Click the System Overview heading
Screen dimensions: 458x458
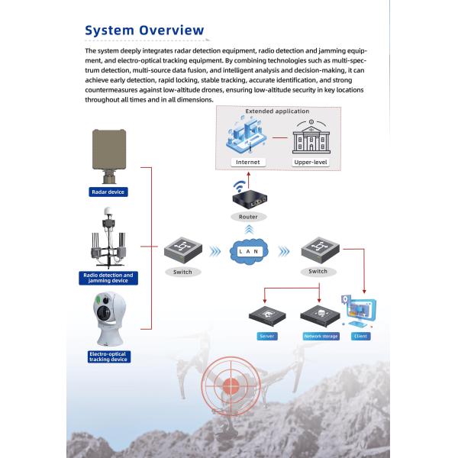(x=144, y=30)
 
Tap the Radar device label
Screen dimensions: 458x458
(x=108, y=192)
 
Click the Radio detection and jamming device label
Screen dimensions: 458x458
(x=108, y=278)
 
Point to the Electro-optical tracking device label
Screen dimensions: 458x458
(x=108, y=356)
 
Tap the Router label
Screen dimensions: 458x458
(x=248, y=217)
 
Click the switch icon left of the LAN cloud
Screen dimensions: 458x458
(x=182, y=250)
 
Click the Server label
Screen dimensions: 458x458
(x=267, y=336)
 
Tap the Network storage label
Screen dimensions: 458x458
(x=320, y=336)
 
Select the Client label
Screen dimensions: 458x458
(x=360, y=336)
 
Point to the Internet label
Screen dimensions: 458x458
(x=248, y=162)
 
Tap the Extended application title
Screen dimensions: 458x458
(x=277, y=111)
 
